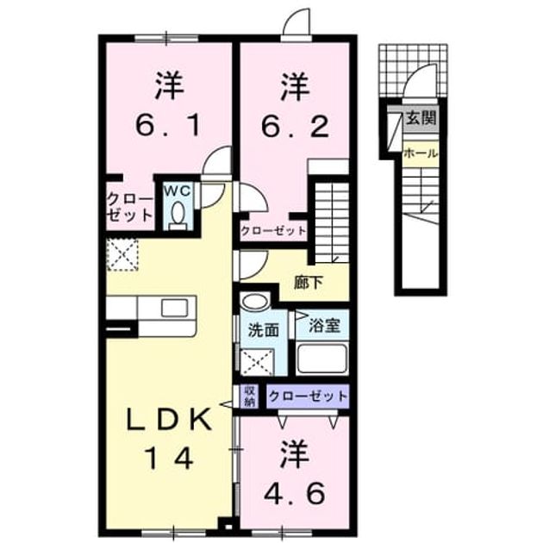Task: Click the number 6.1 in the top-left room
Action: tap(168, 126)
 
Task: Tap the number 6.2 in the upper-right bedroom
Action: tap(295, 126)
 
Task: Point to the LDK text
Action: tap(169, 419)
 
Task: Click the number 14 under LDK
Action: tap(169, 458)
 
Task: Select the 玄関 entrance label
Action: tap(421, 118)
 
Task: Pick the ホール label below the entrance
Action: tap(421, 153)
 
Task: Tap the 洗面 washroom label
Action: tap(264, 330)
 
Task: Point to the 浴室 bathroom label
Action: tap(324, 326)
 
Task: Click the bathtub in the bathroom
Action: tap(322, 358)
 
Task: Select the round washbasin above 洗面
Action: tap(255, 302)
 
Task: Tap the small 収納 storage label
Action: tap(250, 396)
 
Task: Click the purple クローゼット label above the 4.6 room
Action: tap(308, 396)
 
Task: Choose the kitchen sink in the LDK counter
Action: tap(175, 308)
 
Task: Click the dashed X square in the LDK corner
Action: tap(122, 255)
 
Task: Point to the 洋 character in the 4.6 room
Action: tap(295, 453)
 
